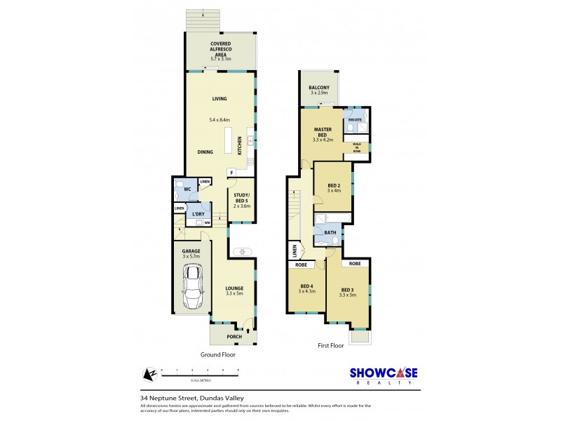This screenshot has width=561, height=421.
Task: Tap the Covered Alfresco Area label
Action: (x=221, y=50)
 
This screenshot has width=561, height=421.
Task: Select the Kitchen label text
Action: (x=239, y=145)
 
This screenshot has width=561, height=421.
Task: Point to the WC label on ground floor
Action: (x=187, y=189)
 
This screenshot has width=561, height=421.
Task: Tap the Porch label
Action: (x=233, y=337)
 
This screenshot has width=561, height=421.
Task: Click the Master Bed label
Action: (x=323, y=133)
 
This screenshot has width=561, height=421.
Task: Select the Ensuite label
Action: (x=356, y=120)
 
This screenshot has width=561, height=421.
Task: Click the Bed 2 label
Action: (x=334, y=186)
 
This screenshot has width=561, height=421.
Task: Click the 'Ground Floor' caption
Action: (x=217, y=355)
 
